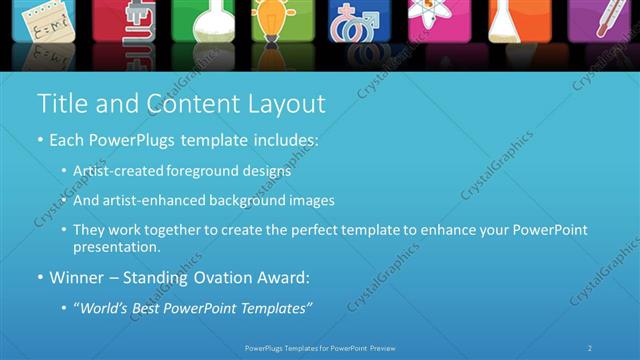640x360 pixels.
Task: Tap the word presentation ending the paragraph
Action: coord(114,246)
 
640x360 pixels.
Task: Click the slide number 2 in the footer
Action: coord(590,348)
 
